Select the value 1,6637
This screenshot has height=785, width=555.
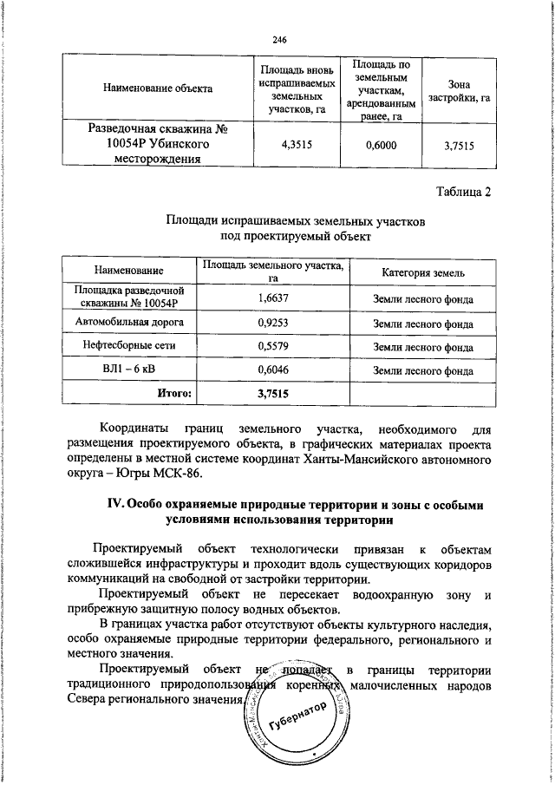tap(272, 299)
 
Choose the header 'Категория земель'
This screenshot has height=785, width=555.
tap(423, 272)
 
